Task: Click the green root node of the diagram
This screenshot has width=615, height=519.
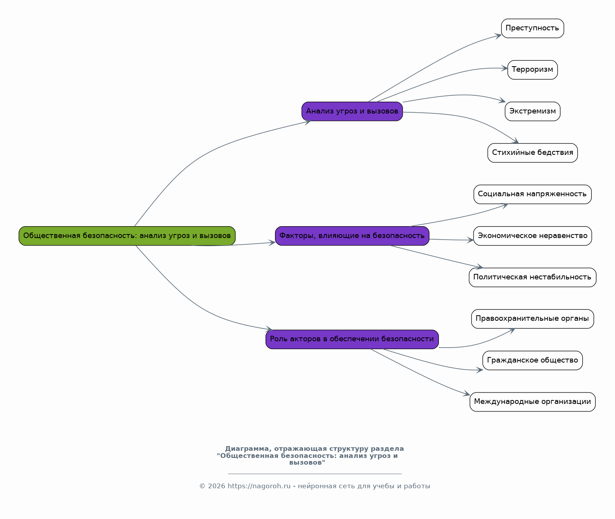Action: pyautogui.click(x=127, y=236)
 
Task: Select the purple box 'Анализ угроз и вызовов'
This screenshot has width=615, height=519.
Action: pyautogui.click(x=352, y=111)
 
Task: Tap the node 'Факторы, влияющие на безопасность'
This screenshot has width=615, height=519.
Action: pyautogui.click(x=352, y=236)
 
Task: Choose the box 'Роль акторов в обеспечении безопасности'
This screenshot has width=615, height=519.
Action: pyautogui.click(x=352, y=339)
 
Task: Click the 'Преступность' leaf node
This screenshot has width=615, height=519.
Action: pyautogui.click(x=532, y=28)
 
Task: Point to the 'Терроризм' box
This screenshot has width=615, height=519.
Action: pyautogui.click(x=532, y=70)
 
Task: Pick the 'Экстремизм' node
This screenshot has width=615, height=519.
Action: pyautogui.click(x=532, y=111)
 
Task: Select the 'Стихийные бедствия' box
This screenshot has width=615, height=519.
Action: pyautogui.click(x=532, y=153)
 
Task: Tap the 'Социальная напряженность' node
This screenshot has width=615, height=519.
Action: pyautogui.click(x=532, y=194)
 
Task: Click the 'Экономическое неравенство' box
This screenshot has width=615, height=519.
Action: pyautogui.click(x=532, y=236)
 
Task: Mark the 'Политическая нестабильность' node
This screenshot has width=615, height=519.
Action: pyautogui.click(x=532, y=277)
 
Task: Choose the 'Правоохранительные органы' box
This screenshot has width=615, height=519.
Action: pyautogui.click(x=532, y=318)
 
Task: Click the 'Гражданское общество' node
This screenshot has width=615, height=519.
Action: pyautogui.click(x=532, y=360)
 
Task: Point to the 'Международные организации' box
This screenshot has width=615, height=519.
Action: pyautogui.click(x=532, y=402)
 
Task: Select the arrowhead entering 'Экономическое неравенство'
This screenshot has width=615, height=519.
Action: pyautogui.click(x=470, y=240)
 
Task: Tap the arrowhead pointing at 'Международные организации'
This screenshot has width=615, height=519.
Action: pyautogui.click(x=467, y=394)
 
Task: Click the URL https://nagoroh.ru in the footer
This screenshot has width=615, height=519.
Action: pyautogui.click(x=259, y=486)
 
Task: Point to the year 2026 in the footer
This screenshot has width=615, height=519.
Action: pyautogui.click(x=216, y=486)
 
